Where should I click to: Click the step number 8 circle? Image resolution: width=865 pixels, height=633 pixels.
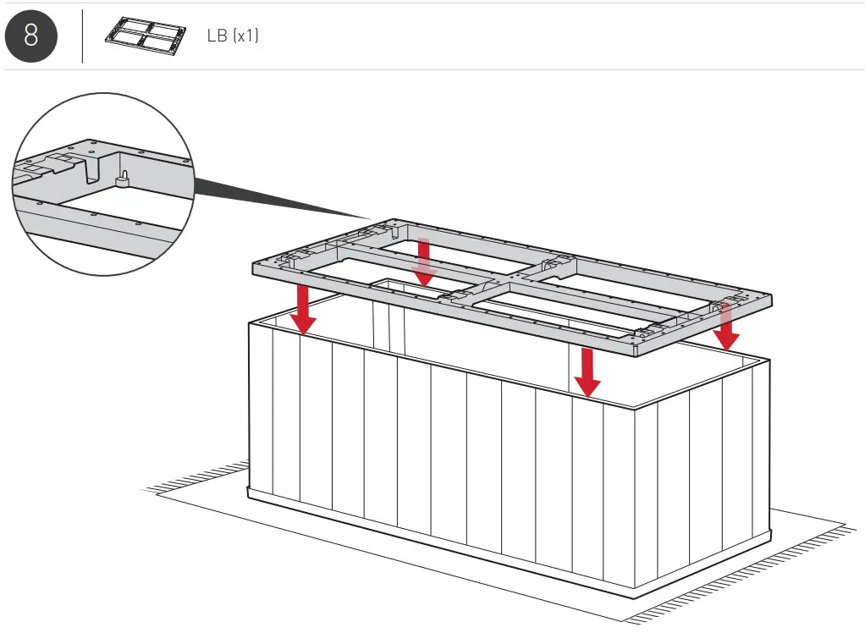(x=31, y=36)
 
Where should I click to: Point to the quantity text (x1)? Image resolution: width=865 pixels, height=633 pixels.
(x=245, y=37)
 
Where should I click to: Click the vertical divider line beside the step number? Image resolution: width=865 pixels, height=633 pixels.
(x=83, y=36)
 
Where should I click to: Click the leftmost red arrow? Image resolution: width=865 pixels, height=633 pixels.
(x=301, y=310)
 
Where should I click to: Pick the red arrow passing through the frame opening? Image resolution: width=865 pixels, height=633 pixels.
(x=424, y=262)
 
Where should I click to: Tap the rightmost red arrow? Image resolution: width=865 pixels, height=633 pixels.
(x=725, y=326)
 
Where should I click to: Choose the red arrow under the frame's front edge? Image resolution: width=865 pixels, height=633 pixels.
(x=585, y=372)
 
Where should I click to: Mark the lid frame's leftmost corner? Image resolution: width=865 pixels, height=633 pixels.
(x=254, y=267)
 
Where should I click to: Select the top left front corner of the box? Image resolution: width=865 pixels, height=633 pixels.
(x=249, y=322)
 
